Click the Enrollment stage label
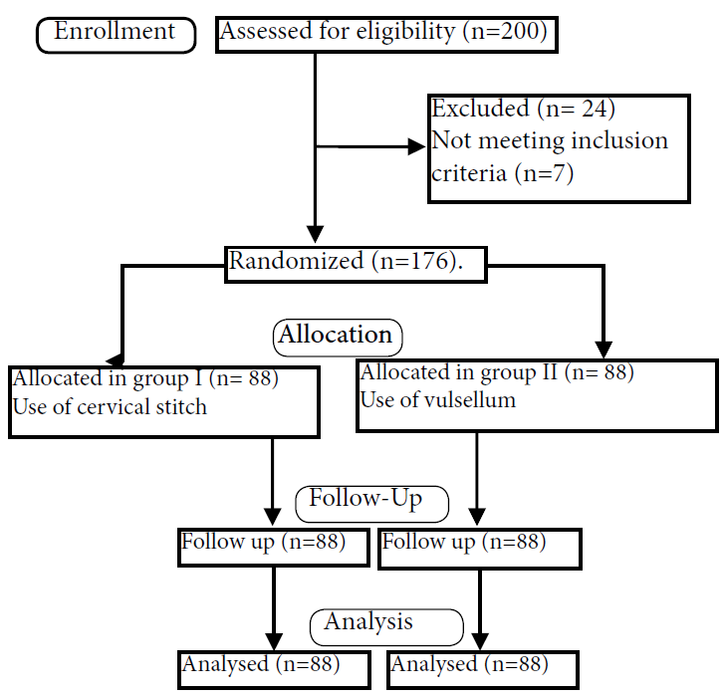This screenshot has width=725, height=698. pyautogui.click(x=115, y=33)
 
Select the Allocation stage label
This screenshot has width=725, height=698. pyautogui.click(x=337, y=337)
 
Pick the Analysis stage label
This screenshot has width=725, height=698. pyautogui.click(x=369, y=623)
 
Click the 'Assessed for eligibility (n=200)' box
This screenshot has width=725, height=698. pyautogui.click(x=386, y=33)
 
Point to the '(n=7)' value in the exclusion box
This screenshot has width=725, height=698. pyautogui.click(x=544, y=173)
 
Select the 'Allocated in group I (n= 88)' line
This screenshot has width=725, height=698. pyautogui.click(x=145, y=378)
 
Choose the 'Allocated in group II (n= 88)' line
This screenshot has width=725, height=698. pyautogui.click(x=497, y=373)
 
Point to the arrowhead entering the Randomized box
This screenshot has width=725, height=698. pyautogui.click(x=315, y=236)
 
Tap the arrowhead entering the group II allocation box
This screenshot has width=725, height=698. pyautogui.click(x=604, y=350)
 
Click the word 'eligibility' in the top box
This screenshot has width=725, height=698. pyautogui.click(x=405, y=33)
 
